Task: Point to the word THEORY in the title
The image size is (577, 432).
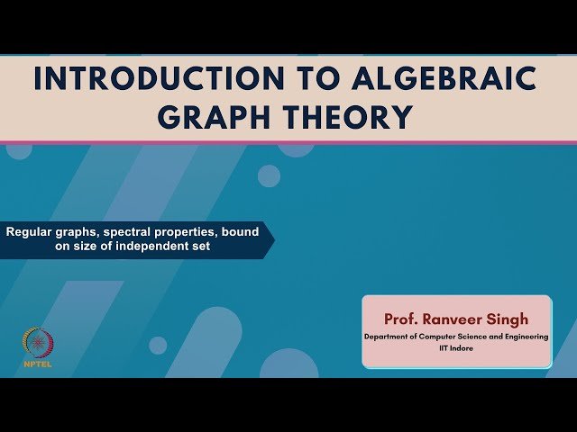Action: [354, 117]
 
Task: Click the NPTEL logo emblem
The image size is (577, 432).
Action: [38, 342]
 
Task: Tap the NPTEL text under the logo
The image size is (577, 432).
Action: [38, 364]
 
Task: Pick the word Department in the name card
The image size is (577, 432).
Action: [389, 337]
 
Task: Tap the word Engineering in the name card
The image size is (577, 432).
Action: [526, 337]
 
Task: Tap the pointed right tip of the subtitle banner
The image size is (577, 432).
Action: [272, 239]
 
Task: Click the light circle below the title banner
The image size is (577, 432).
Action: [269, 175]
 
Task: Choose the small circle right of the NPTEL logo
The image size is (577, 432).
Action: [158, 345]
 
